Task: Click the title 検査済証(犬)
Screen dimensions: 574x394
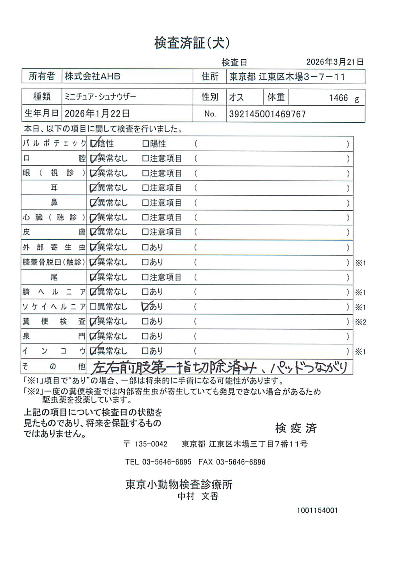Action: (192, 43)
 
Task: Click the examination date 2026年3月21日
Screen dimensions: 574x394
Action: (335, 62)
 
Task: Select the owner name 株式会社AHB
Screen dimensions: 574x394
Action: (92, 76)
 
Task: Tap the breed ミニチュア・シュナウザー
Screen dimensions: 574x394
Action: (100, 97)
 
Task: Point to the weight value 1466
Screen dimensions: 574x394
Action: (338, 98)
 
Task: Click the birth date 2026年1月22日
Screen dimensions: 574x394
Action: (97, 114)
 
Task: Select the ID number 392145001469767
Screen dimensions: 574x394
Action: (267, 114)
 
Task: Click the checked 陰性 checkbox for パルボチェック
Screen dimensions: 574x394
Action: (93, 144)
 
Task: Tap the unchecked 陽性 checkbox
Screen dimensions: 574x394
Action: (146, 144)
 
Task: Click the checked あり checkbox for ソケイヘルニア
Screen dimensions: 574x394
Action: (146, 307)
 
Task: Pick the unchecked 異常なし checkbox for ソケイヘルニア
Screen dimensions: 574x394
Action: (93, 307)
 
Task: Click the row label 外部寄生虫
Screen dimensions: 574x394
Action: (54, 247)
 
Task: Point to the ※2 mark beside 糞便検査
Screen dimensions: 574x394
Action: (360, 322)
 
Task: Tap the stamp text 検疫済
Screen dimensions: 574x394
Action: (296, 428)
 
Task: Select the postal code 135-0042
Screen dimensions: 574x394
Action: (151, 444)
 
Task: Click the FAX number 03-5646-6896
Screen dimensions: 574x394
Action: (240, 462)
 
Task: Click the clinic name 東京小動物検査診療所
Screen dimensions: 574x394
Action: (179, 484)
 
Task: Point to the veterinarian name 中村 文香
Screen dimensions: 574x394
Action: (198, 496)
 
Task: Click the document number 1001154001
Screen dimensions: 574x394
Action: (317, 510)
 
